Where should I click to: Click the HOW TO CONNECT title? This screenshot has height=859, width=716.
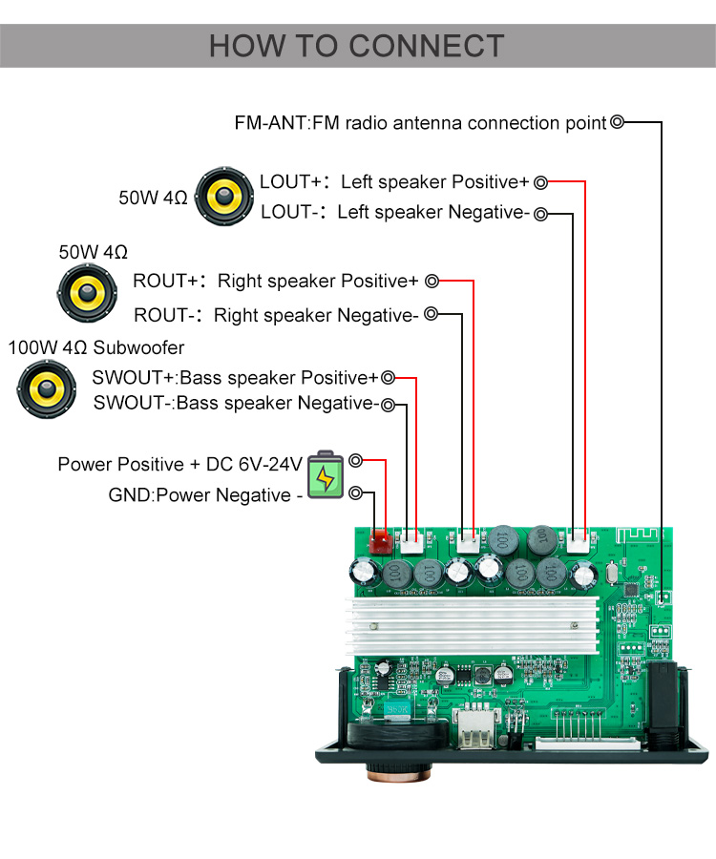click(x=357, y=46)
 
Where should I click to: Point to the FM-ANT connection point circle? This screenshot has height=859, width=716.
click(x=618, y=122)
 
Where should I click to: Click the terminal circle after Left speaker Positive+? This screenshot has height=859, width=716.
click(x=541, y=182)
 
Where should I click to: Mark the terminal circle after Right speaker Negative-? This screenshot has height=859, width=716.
click(x=432, y=314)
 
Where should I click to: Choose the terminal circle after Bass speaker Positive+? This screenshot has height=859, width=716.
click(x=388, y=378)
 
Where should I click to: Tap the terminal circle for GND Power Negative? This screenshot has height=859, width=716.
click(x=356, y=493)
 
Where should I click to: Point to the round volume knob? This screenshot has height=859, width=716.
click(x=395, y=754)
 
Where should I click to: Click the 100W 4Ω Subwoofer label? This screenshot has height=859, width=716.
click(x=96, y=348)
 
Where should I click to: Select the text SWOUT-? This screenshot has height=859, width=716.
click(x=134, y=403)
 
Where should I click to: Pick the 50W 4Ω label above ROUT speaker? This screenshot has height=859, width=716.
click(x=93, y=253)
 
